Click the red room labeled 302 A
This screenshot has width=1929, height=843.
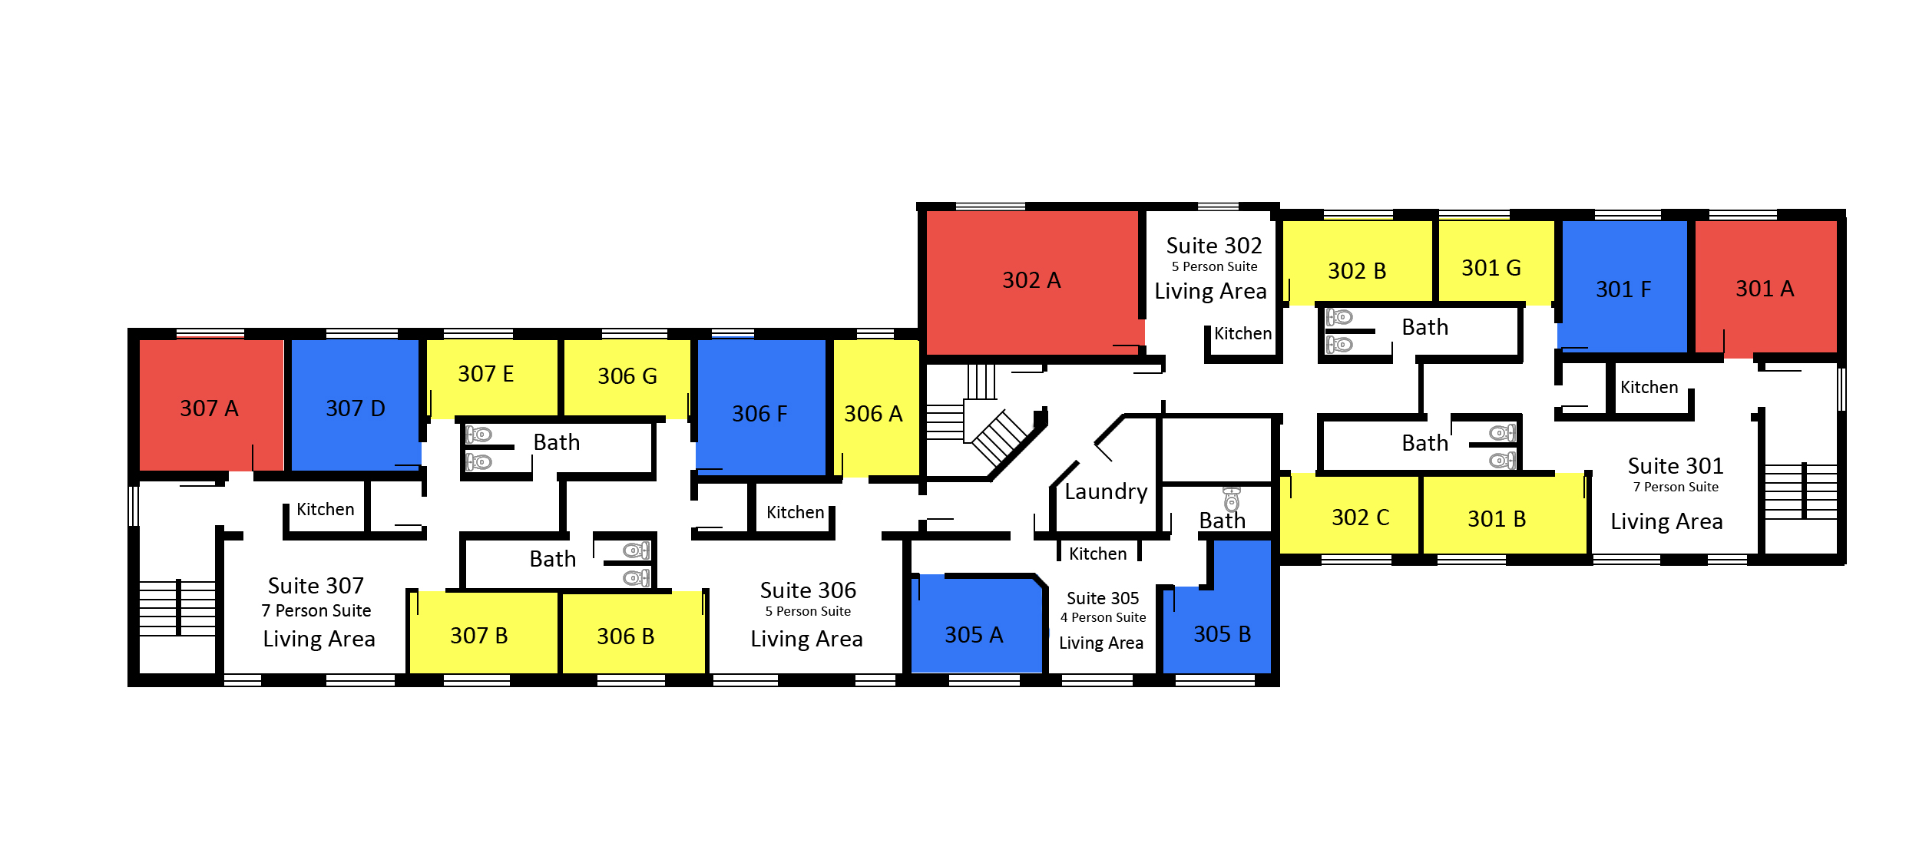click(x=1032, y=281)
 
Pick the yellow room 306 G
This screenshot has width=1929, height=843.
click(x=627, y=377)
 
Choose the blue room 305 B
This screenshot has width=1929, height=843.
click(x=1221, y=614)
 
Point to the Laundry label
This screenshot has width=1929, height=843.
click(x=1106, y=492)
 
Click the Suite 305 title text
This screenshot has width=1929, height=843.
click(x=1103, y=598)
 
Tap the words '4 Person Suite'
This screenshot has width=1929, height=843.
click(x=1103, y=617)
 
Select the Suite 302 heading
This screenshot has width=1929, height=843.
click(x=1214, y=246)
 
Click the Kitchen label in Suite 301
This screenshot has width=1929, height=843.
click(x=1649, y=387)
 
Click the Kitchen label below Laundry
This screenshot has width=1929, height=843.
click(x=1097, y=554)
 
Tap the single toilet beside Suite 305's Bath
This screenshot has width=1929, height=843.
click(x=1232, y=499)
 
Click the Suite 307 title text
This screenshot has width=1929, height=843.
click(x=316, y=586)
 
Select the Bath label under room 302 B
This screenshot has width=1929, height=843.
click(x=1425, y=328)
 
